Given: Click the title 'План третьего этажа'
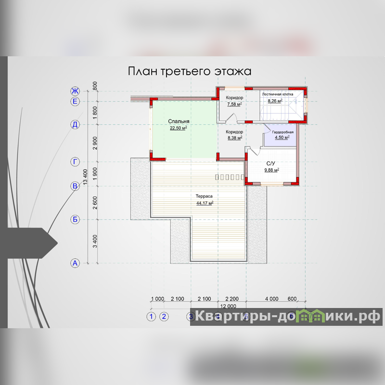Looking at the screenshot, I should (x=190, y=71).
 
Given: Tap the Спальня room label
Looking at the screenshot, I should (x=179, y=122).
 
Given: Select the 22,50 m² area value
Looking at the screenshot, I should (x=179, y=128).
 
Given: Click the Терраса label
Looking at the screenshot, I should (x=204, y=196).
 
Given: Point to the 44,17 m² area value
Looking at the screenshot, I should (x=205, y=203).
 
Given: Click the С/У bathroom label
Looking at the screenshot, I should (x=271, y=164).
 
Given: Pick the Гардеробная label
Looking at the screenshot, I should (x=282, y=132).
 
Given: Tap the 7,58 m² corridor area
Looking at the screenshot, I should (x=234, y=103).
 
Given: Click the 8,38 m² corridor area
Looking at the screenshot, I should (x=234, y=138).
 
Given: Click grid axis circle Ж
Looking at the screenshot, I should (x=75, y=91).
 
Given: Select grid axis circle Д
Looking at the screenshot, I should (x=75, y=125).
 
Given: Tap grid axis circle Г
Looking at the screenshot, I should (x=75, y=162).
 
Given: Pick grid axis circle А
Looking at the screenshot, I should (x=75, y=263).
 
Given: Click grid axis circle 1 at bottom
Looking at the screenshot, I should (x=152, y=316).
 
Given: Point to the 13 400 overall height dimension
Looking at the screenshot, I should (x=85, y=177).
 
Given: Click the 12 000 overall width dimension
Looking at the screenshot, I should (x=228, y=306).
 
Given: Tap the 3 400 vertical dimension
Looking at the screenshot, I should (x=95, y=241).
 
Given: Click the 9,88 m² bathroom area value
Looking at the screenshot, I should (x=271, y=170).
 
